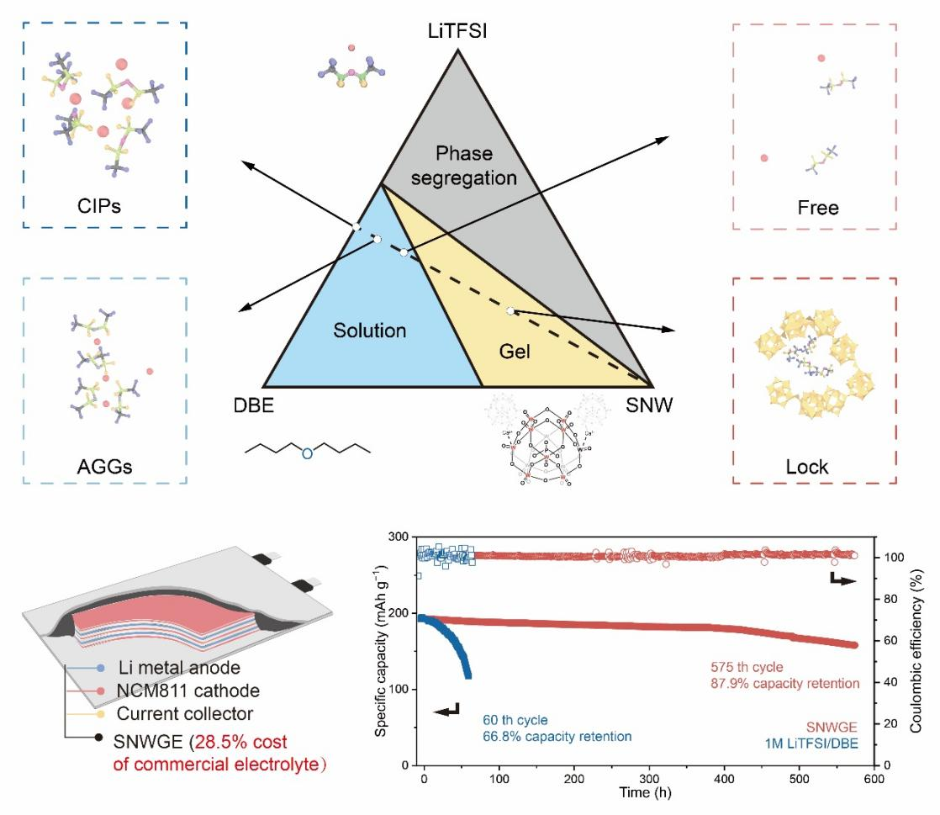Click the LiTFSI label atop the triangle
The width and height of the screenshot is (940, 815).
(x=457, y=32)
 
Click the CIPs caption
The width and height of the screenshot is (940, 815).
(x=103, y=206)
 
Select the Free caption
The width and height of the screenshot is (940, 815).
(x=817, y=207)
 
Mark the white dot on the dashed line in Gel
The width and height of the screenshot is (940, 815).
(x=510, y=311)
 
